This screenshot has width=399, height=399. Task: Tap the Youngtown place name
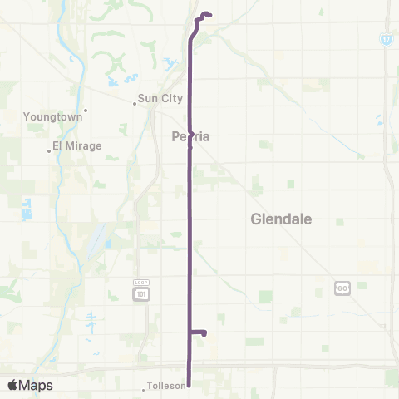click(53, 117)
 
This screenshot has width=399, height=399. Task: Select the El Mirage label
click(76, 145)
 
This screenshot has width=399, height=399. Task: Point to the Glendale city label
click(281, 219)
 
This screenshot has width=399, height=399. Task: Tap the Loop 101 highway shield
click(140, 291)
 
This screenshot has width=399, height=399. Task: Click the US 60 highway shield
click(342, 288)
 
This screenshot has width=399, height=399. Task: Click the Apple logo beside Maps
click(12, 385)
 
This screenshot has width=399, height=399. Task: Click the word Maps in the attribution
click(37, 385)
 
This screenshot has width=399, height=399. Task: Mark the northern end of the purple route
click(207, 14)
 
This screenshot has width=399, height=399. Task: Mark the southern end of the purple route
click(190, 385)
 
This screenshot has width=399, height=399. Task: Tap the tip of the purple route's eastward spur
click(204, 332)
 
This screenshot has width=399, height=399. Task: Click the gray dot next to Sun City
click(135, 104)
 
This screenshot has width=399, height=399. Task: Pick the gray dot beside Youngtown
click(86, 110)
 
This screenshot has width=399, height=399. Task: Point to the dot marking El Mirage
click(49, 150)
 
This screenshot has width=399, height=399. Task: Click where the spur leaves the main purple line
click(190, 332)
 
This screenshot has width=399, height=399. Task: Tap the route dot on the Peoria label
click(190, 147)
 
